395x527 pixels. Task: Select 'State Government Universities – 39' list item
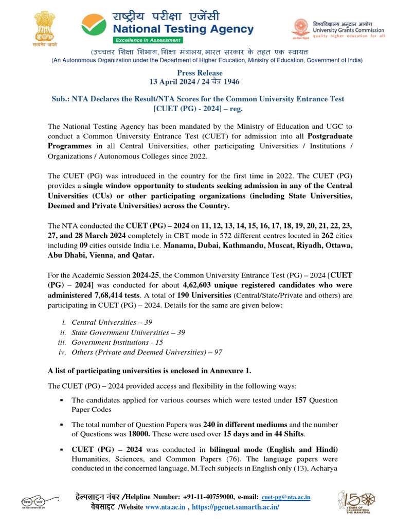(x=129, y=332)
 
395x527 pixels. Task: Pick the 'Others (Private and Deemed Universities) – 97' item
(x=147, y=352)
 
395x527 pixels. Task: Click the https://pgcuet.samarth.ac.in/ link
(x=237, y=507)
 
